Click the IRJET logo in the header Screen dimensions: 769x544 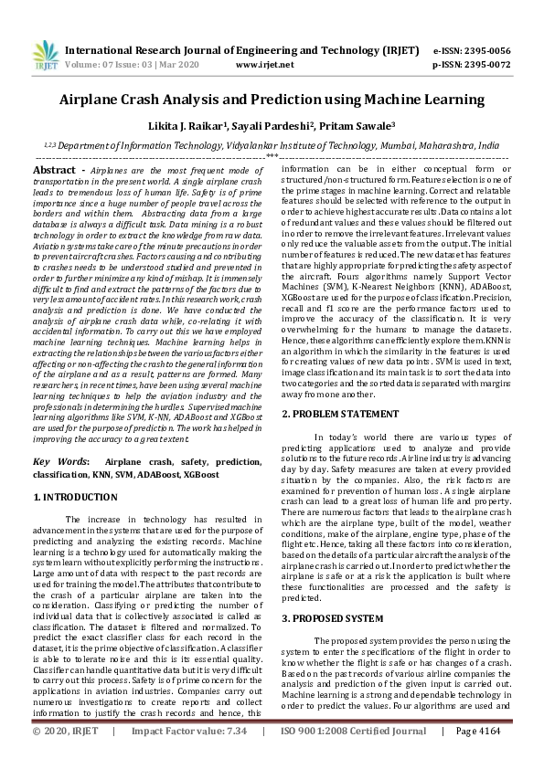(42, 56)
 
